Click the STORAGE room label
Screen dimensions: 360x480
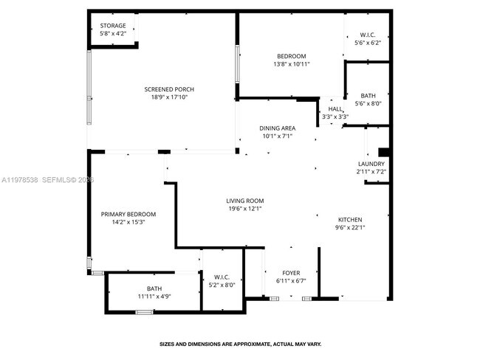(113, 26)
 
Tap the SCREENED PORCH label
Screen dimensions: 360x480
(169, 89)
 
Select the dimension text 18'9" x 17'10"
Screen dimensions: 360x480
(169, 97)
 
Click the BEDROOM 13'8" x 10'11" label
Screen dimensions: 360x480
(291, 56)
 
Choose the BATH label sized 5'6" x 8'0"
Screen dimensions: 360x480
(368, 96)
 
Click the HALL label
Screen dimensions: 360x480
(335, 109)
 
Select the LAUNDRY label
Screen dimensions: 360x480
(371, 164)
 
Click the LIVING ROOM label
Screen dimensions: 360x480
(244, 201)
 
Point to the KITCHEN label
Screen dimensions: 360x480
(350, 220)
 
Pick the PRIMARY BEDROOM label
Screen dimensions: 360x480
(128, 215)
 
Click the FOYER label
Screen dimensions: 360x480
(291, 273)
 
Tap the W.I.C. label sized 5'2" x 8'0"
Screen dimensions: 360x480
(221, 277)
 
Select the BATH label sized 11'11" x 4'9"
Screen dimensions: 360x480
(154, 288)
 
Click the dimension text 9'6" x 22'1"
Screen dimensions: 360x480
(350, 228)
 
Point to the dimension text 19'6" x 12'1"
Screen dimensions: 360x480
(244, 209)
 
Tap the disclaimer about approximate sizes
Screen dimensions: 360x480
(241, 343)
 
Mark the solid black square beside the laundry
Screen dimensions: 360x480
(382, 153)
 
